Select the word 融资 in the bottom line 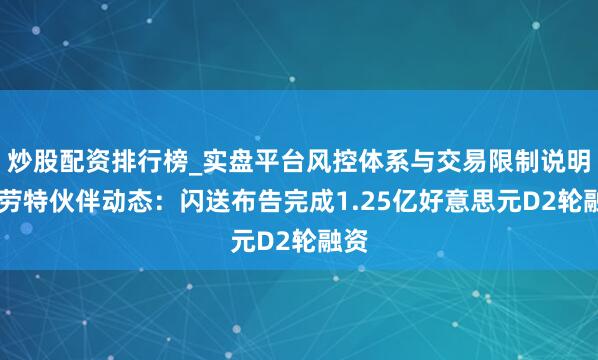click(x=341, y=243)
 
